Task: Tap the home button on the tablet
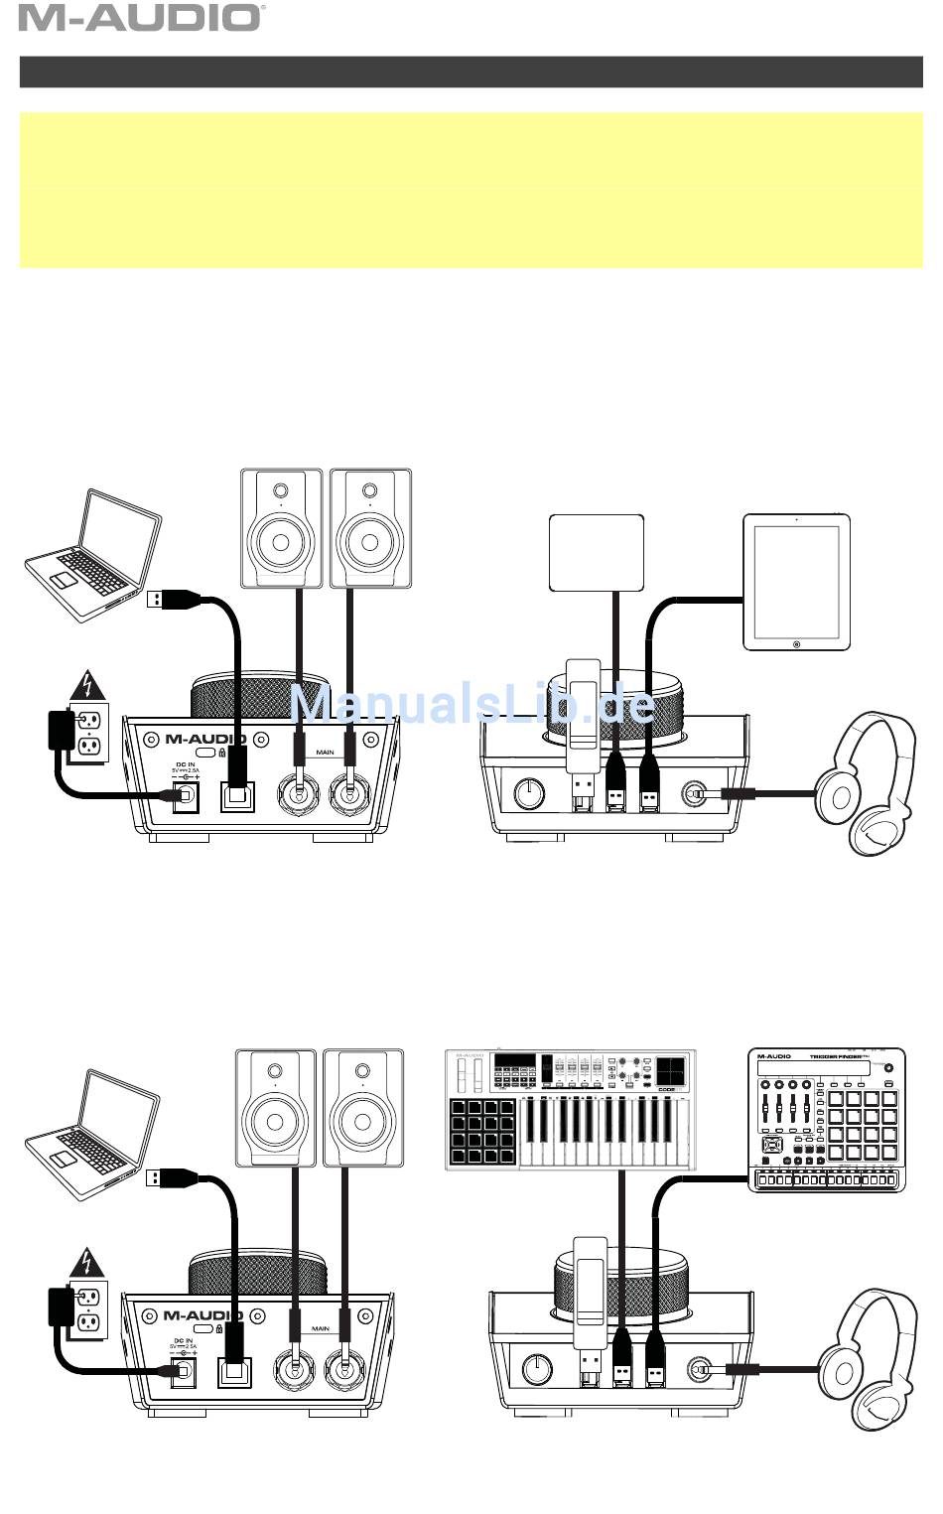pyautogui.click(x=796, y=643)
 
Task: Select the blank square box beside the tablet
pyautogui.click(x=597, y=552)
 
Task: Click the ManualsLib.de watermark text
pyautogui.click(x=472, y=704)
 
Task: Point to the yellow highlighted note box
pyautogui.click(x=471, y=190)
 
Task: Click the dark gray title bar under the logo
pyautogui.click(x=471, y=71)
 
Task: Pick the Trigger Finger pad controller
pyautogui.click(x=826, y=1119)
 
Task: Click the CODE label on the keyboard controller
pyautogui.click(x=666, y=1089)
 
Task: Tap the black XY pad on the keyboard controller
pyautogui.click(x=670, y=1070)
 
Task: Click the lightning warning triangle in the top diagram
pyautogui.click(x=90, y=686)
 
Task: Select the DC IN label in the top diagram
pyautogui.click(x=186, y=763)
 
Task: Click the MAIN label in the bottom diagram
pyautogui.click(x=321, y=1328)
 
